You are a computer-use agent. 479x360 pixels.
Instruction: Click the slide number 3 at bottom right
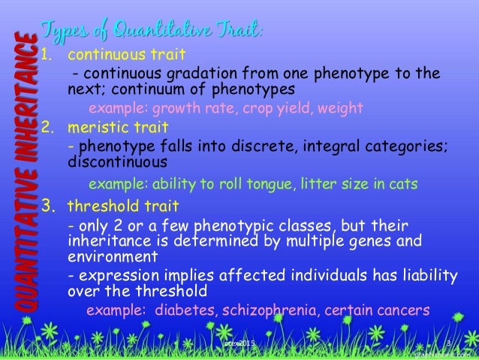pos(447,344)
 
